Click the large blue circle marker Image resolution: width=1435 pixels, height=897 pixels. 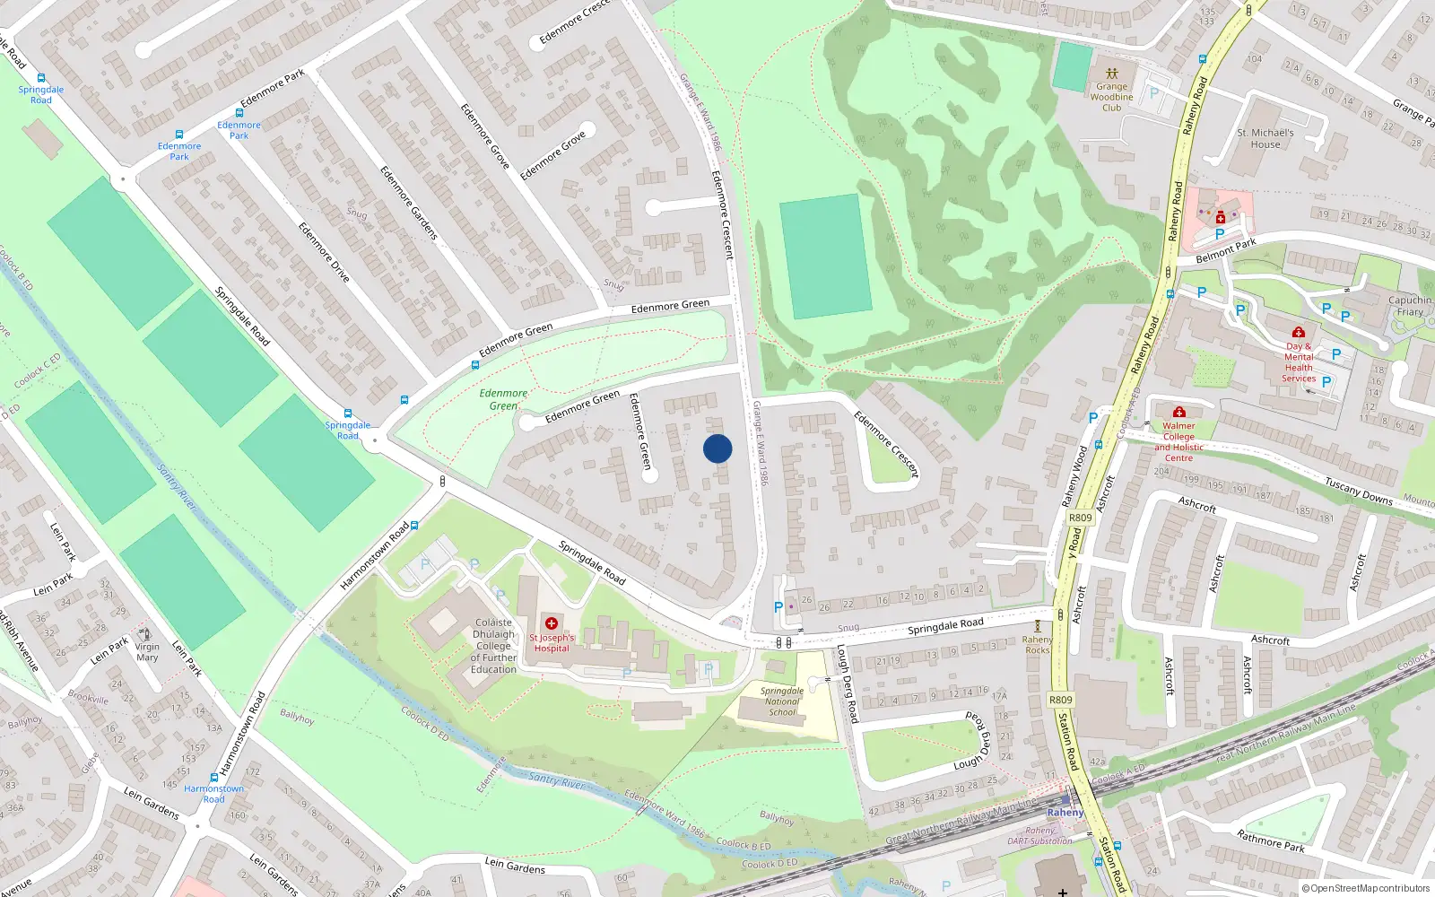pyautogui.click(x=717, y=448)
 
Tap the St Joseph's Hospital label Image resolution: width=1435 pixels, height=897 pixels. pyautogui.click(x=552, y=643)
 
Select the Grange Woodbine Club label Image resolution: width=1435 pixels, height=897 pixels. pyautogui.click(x=1111, y=97)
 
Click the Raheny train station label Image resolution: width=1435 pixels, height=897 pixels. pyautogui.click(x=1065, y=813)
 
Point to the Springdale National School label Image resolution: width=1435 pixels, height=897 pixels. pyautogui.click(x=782, y=701)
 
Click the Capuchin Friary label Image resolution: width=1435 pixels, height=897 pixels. pyautogui.click(x=1410, y=306)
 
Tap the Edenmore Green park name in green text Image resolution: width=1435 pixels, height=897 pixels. pyautogui.click(x=503, y=399)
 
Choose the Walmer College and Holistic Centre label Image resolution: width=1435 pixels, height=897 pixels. pyautogui.click(x=1178, y=442)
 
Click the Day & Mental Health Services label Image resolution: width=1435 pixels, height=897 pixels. pyautogui.click(x=1299, y=362)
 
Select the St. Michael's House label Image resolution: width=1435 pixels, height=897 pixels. pyautogui.click(x=1265, y=138)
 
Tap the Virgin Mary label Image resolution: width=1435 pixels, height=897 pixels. pyautogui.click(x=147, y=652)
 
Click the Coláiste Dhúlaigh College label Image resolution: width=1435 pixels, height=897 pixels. pyautogui.click(x=493, y=646)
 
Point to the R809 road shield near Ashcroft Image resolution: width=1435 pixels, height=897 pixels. pyautogui.click(x=1080, y=518)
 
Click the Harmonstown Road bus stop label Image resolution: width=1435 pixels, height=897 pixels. pyautogui.click(x=213, y=794)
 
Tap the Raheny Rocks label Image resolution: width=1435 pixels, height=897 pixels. pyautogui.click(x=1038, y=645)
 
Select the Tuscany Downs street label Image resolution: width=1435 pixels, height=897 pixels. pyautogui.click(x=1359, y=492)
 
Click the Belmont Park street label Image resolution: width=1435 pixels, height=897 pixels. pyautogui.click(x=1226, y=250)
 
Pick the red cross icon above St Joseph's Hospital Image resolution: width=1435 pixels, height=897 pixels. pyautogui.click(x=552, y=623)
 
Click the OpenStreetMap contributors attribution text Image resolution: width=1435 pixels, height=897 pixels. pyautogui.click(x=1366, y=888)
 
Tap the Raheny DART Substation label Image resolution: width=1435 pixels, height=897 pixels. pyautogui.click(x=1039, y=836)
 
